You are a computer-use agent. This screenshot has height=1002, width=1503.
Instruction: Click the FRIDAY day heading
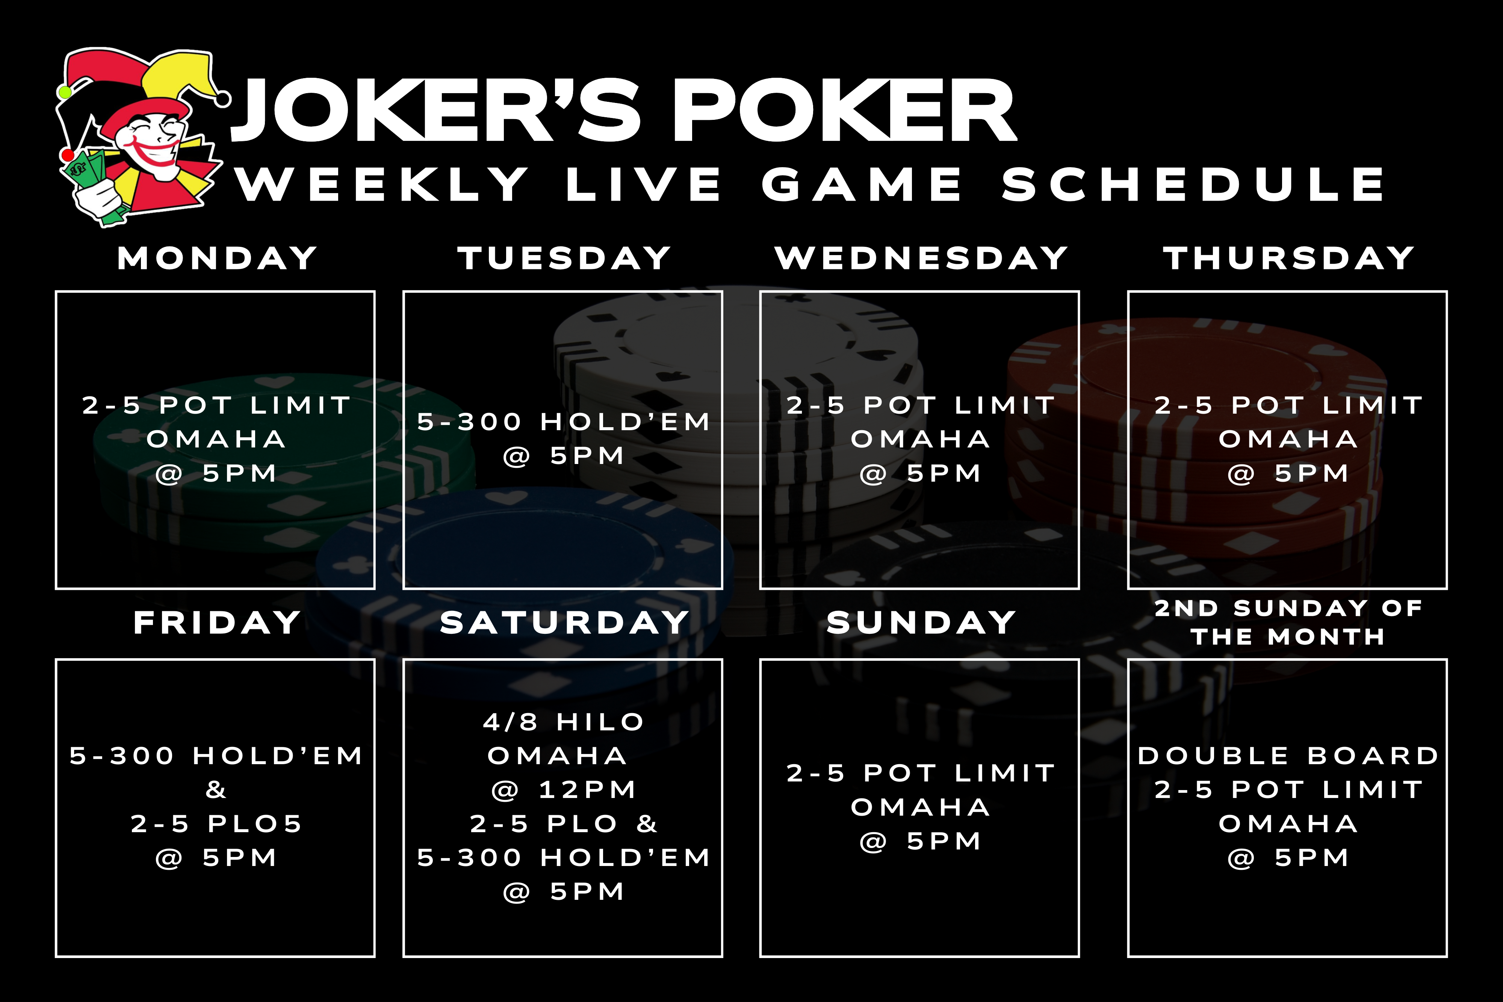tap(217, 623)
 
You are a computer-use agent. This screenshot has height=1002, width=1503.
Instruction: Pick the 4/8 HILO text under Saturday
tap(564, 722)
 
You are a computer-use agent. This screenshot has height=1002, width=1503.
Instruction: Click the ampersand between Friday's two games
tap(216, 790)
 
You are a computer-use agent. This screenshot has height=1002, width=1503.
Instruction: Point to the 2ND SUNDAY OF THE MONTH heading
tap(1288, 623)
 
